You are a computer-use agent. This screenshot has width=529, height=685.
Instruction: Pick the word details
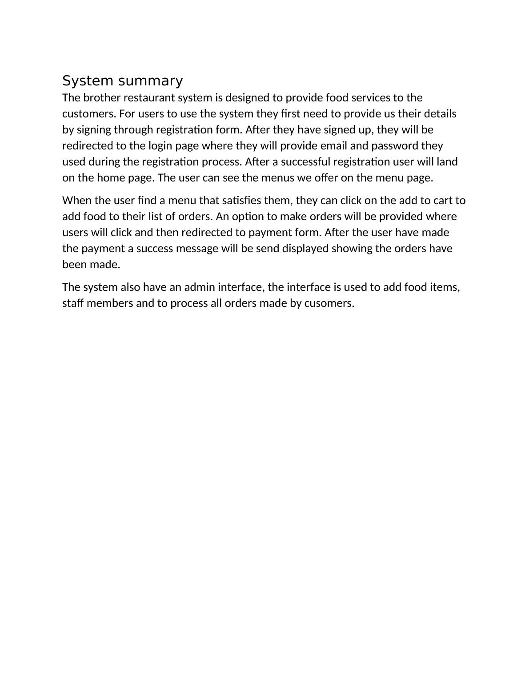(x=440, y=113)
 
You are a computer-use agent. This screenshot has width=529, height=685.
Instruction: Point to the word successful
(x=304, y=161)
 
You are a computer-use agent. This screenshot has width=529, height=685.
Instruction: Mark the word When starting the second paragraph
(x=77, y=200)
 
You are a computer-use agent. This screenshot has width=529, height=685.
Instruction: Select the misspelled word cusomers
(x=329, y=303)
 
